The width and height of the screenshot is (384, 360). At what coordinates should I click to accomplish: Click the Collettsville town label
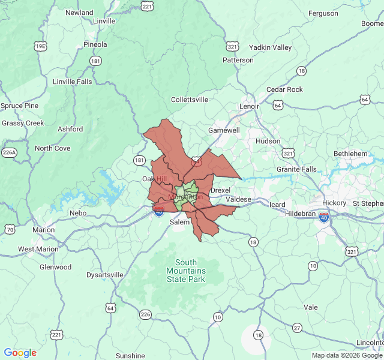[x=190, y=100]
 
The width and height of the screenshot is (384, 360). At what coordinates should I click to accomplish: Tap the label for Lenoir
[x=249, y=106]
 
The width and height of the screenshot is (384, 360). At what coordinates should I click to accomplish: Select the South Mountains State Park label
[x=186, y=271]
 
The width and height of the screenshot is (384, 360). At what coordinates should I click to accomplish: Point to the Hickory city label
[x=334, y=203]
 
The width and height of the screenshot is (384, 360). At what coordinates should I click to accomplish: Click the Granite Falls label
[x=296, y=169]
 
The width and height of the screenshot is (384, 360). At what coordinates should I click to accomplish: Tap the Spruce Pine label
[x=19, y=106]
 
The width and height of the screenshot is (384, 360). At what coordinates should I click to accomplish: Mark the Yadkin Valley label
[x=270, y=47]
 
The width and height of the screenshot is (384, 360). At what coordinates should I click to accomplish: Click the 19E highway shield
[x=40, y=46]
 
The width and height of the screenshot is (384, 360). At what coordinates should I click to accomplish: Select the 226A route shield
[x=8, y=152]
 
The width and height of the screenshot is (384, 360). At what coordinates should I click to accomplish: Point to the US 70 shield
[x=10, y=229]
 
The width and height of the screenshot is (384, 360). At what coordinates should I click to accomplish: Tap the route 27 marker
[x=297, y=328]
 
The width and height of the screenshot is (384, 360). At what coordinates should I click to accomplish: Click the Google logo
[x=20, y=353]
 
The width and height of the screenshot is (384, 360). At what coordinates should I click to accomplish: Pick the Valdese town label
[x=239, y=199]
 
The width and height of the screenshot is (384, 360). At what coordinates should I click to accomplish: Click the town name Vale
[x=311, y=307]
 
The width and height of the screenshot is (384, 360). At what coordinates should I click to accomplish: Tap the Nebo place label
[x=78, y=213]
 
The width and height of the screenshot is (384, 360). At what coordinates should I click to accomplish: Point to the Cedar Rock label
[x=284, y=89]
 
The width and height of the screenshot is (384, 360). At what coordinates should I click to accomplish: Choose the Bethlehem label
[x=350, y=154]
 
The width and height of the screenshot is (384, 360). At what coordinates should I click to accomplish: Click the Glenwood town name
[x=55, y=267]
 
